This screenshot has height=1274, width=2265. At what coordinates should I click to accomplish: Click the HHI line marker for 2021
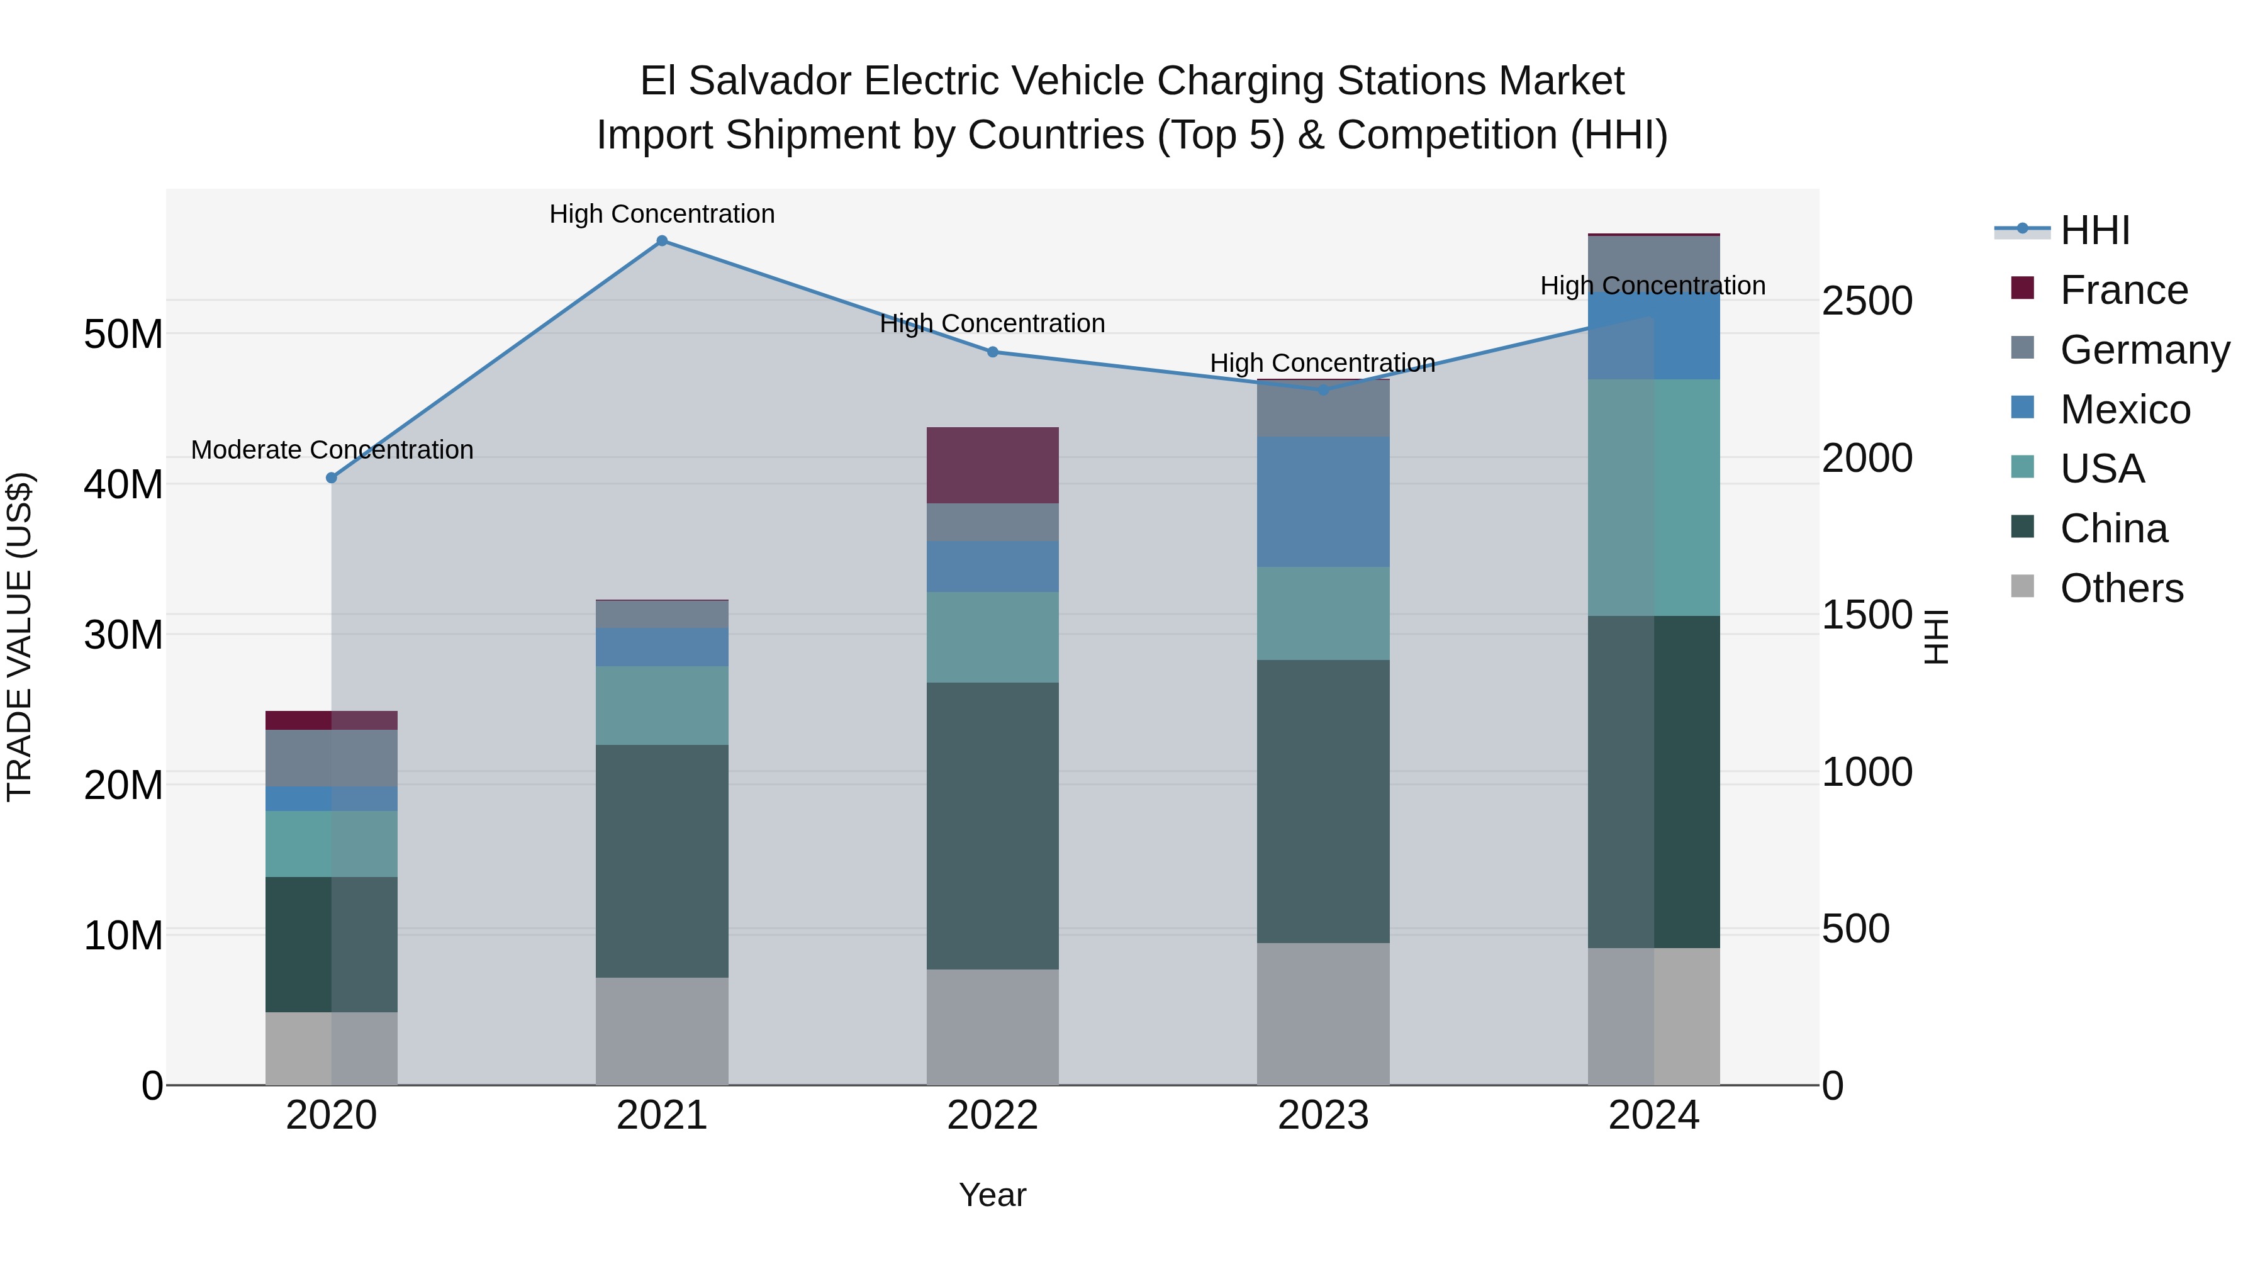pos(662,241)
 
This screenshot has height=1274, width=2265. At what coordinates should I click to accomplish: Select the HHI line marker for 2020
pos(332,478)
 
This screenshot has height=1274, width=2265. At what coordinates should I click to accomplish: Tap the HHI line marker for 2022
pos(993,352)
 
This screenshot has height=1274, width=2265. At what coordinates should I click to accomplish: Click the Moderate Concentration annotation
pos(332,450)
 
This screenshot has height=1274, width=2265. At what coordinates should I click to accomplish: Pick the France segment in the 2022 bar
pos(993,465)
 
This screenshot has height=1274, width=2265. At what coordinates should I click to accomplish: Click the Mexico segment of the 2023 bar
pos(1323,501)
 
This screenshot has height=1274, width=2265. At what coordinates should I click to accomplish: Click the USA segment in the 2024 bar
pos(1654,498)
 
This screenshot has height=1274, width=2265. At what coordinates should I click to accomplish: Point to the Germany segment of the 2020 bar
pos(332,758)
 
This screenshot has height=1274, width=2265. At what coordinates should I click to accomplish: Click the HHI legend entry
pos(2094,230)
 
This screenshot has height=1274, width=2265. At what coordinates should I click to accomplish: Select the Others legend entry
pos(2121,588)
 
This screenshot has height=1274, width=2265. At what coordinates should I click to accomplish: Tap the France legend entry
pos(2123,290)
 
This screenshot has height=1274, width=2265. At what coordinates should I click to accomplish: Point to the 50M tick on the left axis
pos(123,335)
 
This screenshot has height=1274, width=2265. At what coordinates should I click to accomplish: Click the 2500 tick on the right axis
pos(1867,301)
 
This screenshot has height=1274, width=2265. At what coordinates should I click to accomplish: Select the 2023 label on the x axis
pos(1323,1115)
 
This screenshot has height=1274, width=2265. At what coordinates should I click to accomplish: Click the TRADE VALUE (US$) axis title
pos(20,637)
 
